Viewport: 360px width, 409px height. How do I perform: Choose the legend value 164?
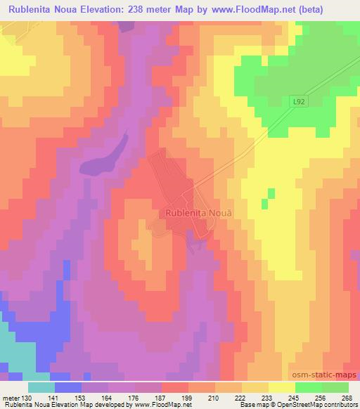pos(108,398)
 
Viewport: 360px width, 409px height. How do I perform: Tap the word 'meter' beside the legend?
pos(11,398)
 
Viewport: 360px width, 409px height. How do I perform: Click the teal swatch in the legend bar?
pos(40,387)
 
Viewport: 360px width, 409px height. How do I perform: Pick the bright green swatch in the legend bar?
pos(308,387)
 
